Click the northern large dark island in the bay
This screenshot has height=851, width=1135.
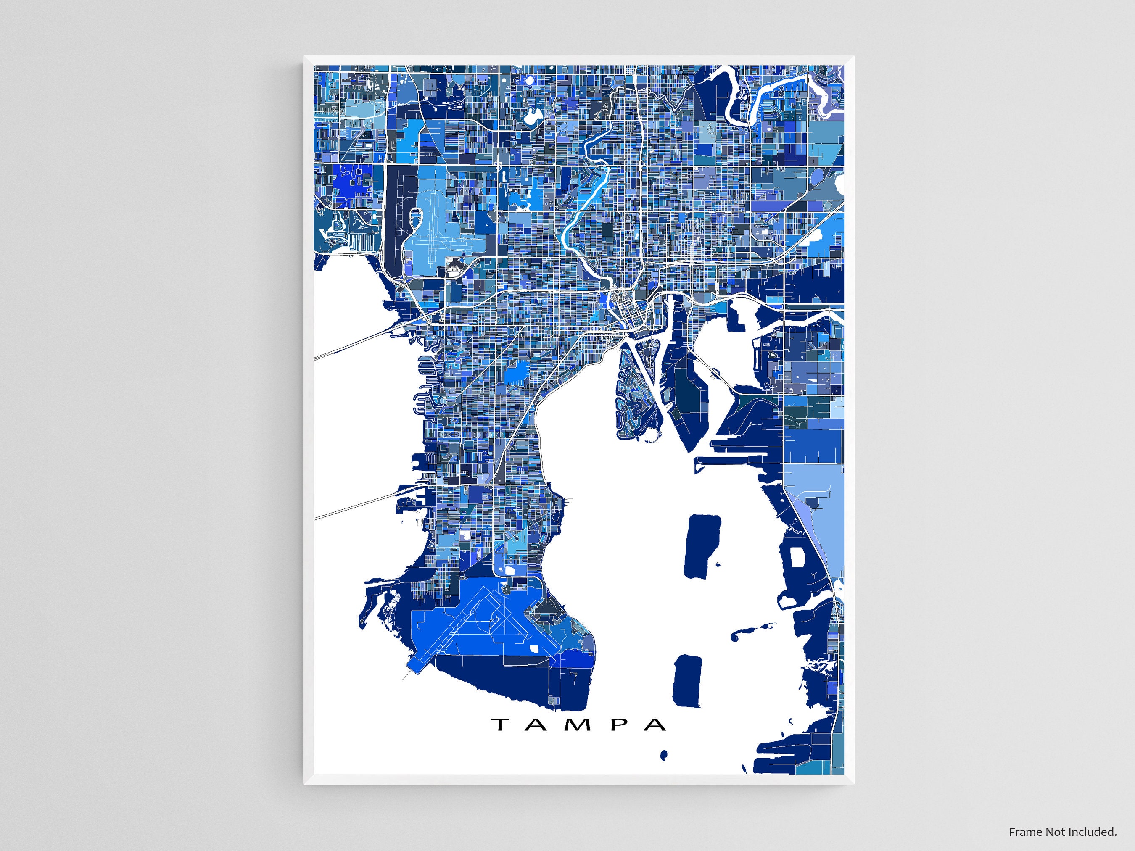click(x=702, y=547)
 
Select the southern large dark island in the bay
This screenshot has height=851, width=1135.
click(x=688, y=681)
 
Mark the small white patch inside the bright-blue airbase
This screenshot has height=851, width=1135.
click(x=535, y=648)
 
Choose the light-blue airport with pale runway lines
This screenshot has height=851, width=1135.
click(x=431, y=226)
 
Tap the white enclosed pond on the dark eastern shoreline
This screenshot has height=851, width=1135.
click(x=797, y=557)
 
